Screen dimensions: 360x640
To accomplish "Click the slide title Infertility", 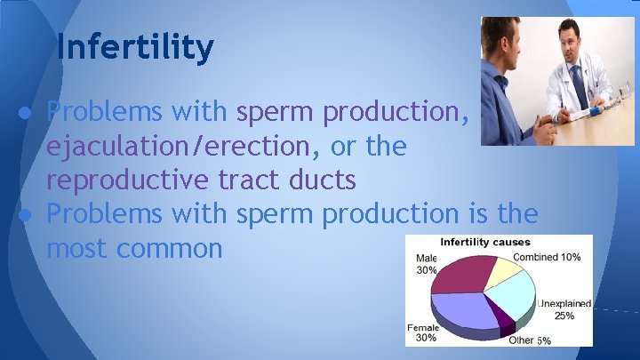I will [x=134, y=47].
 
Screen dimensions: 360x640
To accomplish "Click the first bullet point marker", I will [x=29, y=112].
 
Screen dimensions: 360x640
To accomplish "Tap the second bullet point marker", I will [x=29, y=214].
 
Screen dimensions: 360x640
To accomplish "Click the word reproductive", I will [x=134, y=180].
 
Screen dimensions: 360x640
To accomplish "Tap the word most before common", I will [x=75, y=248].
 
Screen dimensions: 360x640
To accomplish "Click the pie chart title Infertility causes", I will [x=487, y=242].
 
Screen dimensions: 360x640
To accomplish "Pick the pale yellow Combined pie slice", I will [x=507, y=268].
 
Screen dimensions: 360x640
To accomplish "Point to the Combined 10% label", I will [x=548, y=257].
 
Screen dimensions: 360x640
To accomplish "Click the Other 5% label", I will [x=530, y=340].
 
